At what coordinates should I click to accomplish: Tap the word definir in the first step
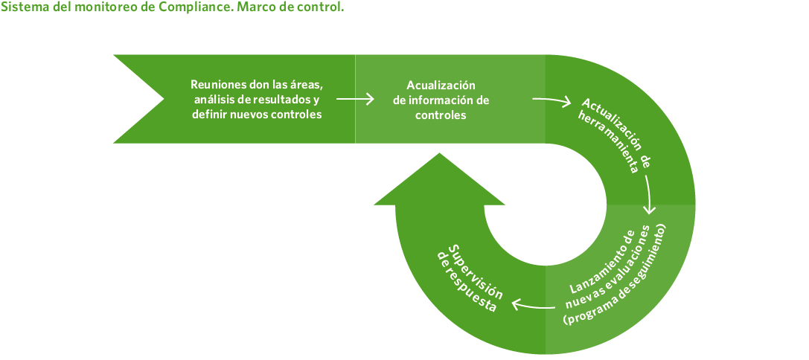(x=208, y=115)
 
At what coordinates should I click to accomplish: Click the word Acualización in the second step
(x=441, y=85)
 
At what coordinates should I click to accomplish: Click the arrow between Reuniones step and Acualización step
(x=355, y=98)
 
